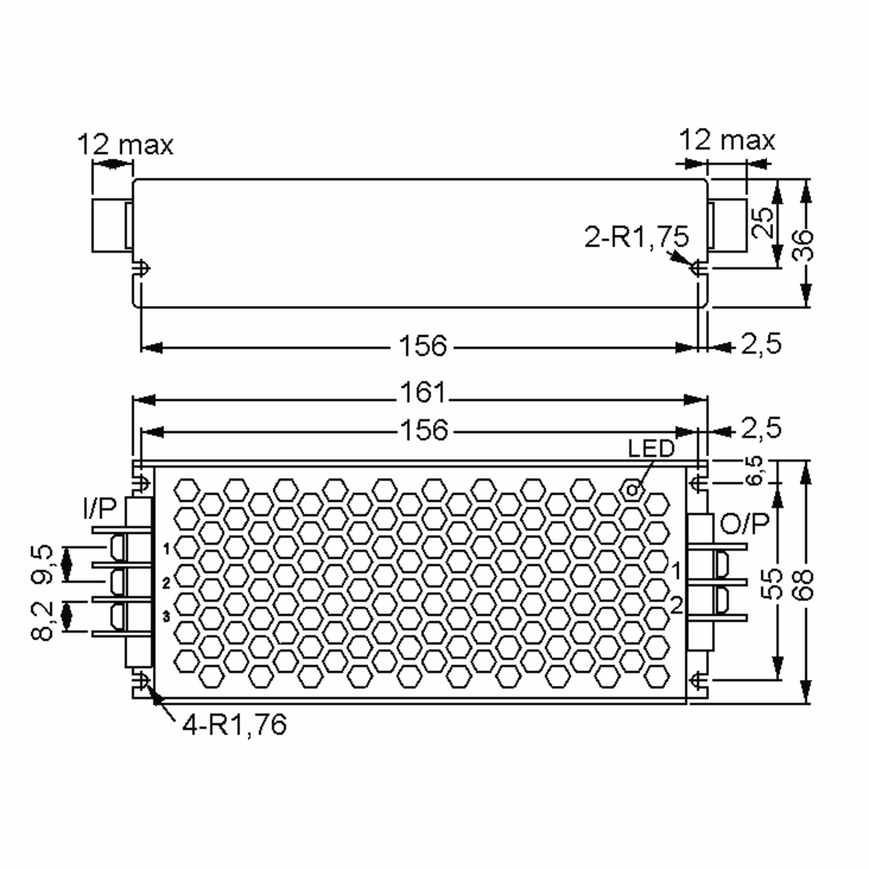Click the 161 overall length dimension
pyautogui.click(x=423, y=392)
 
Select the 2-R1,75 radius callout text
pyautogui.click(x=636, y=237)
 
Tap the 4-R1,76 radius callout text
pyautogui.click(x=234, y=725)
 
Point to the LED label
pyautogui.click(x=651, y=449)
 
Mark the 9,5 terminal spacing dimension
pyautogui.click(x=43, y=564)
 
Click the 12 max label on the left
pyautogui.click(x=125, y=145)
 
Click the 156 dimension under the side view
pyautogui.click(x=423, y=346)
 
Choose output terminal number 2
pyautogui.click(x=676, y=605)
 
